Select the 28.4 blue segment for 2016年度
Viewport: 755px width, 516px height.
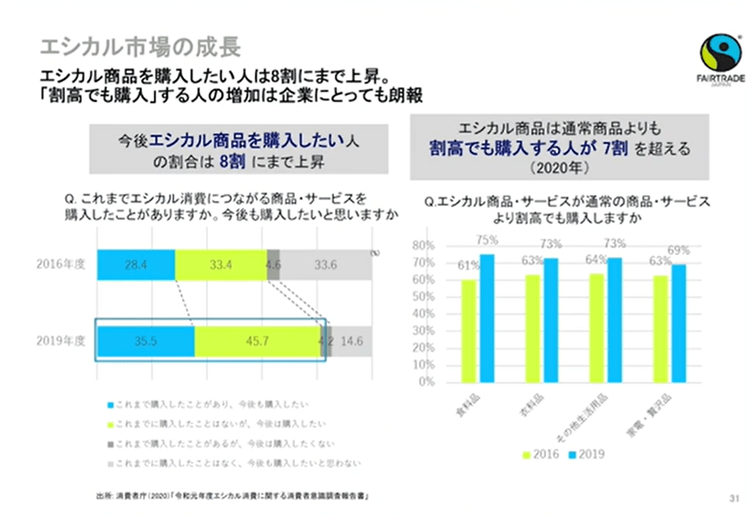[136, 264]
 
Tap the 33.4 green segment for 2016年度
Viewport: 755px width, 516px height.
[220, 264]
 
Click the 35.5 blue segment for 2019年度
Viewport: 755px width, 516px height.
[145, 341]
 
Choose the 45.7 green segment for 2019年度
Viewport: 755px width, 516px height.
[257, 341]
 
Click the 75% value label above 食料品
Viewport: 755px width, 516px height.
[487, 239]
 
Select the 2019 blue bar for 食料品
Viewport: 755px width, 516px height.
[487, 318]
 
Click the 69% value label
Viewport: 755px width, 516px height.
[679, 250]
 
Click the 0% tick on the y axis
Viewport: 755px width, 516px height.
[426, 383]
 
